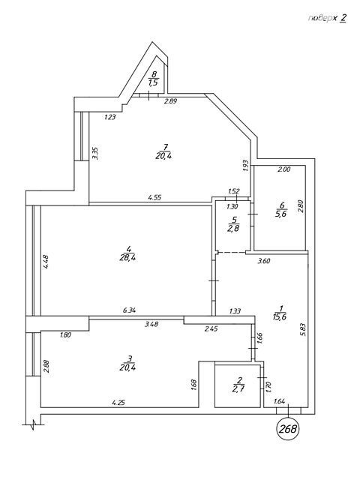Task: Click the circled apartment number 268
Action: pyautogui.click(x=288, y=429)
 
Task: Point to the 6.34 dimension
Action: pyautogui.click(x=129, y=310)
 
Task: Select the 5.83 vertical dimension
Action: pyautogui.click(x=303, y=330)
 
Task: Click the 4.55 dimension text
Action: pyautogui.click(x=154, y=198)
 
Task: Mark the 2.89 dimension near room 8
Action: pyautogui.click(x=171, y=102)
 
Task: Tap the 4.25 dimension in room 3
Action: pyautogui.click(x=118, y=403)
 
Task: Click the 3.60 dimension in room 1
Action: pyautogui.click(x=264, y=261)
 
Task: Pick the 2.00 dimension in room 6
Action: pyautogui.click(x=283, y=169)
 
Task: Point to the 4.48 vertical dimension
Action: pyautogui.click(x=46, y=262)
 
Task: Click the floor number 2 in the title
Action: pyautogui.click(x=343, y=18)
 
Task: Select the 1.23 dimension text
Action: pyautogui.click(x=110, y=117)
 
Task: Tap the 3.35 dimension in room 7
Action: pyautogui.click(x=95, y=153)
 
